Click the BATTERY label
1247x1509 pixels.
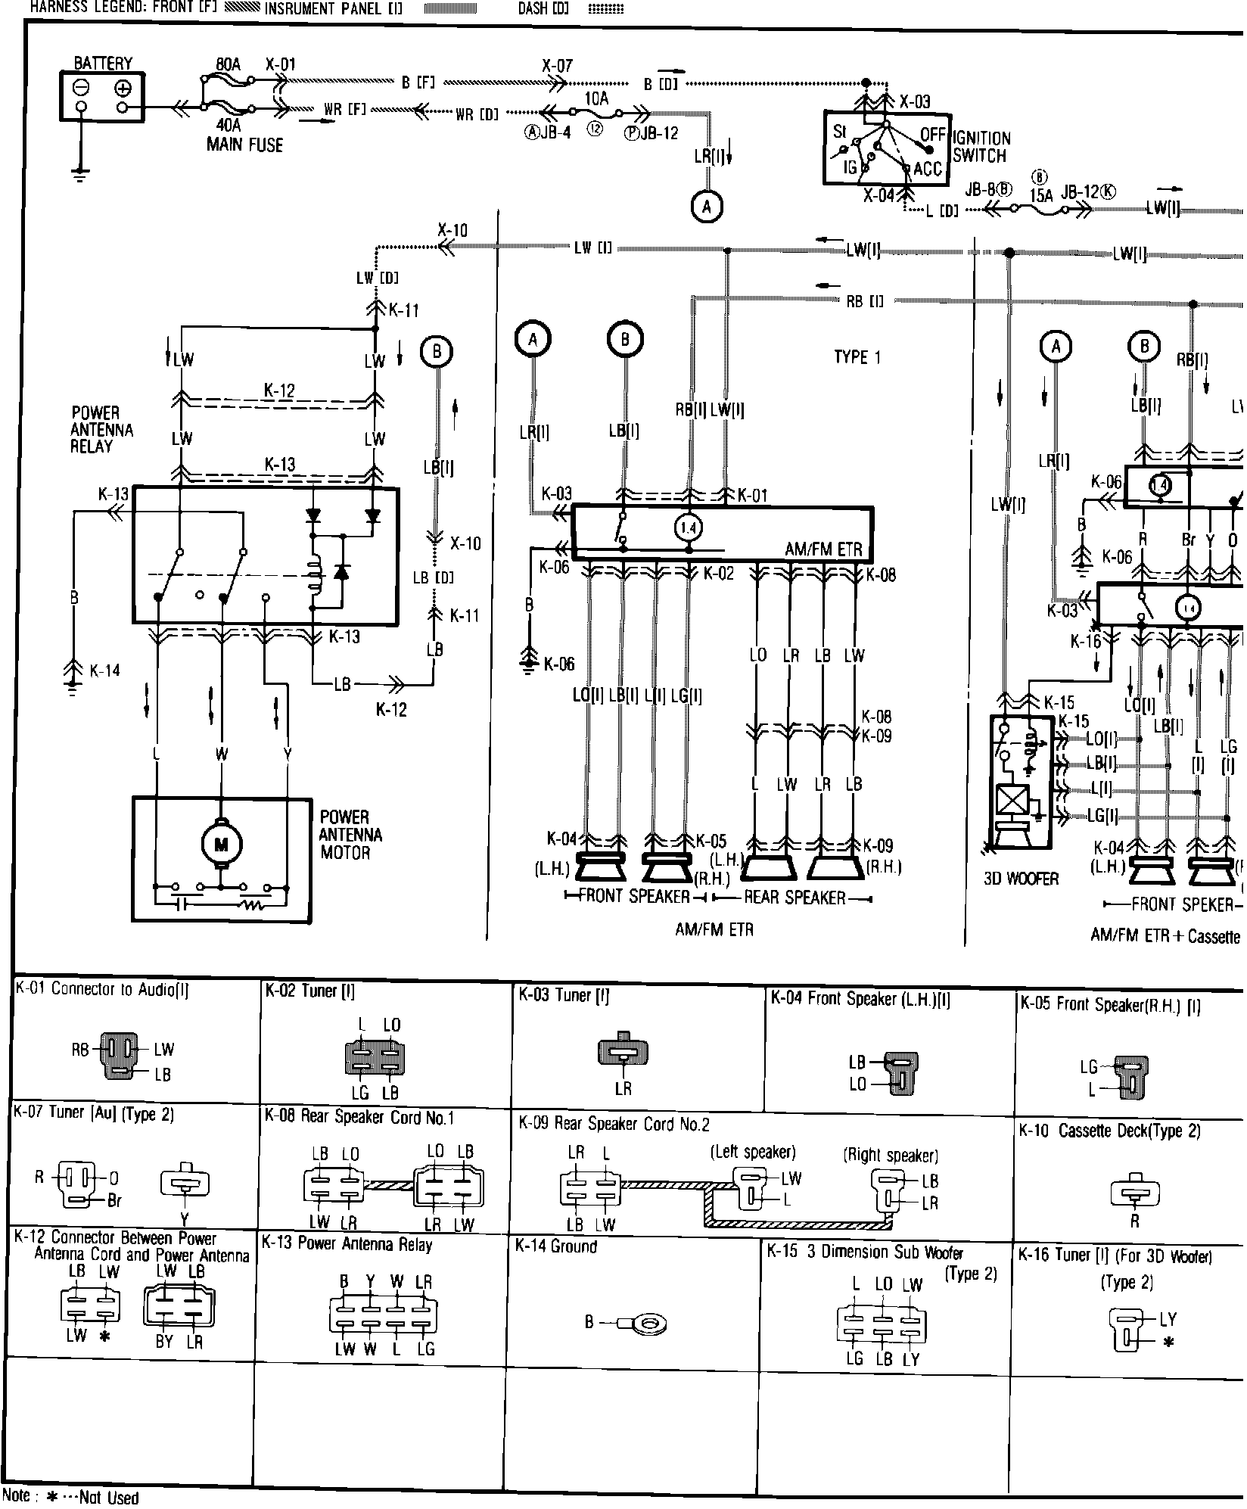click(103, 64)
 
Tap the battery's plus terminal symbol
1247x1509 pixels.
click(123, 89)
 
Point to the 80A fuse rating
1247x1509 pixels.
click(228, 65)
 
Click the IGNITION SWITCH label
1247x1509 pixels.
click(981, 147)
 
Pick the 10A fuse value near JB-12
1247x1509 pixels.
click(596, 98)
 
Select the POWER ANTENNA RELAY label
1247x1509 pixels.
click(102, 430)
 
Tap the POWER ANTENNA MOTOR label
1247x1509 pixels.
click(350, 835)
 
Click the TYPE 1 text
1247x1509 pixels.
click(857, 357)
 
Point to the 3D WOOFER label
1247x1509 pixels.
click(1021, 879)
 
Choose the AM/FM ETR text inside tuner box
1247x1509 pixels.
click(823, 549)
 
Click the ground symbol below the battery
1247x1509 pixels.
click(79, 175)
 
